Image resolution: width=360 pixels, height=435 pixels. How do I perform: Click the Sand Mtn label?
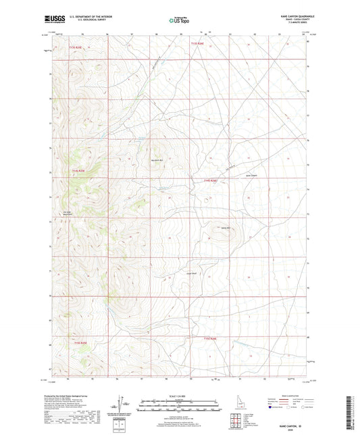tap(226, 226)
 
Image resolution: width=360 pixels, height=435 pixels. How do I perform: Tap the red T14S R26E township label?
tap(213, 180)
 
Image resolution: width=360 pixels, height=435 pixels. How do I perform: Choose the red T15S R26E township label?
tap(210, 337)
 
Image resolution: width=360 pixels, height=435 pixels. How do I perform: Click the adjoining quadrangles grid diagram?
tap(236, 422)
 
